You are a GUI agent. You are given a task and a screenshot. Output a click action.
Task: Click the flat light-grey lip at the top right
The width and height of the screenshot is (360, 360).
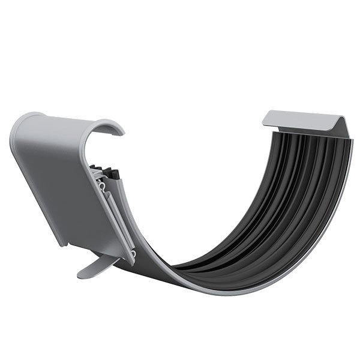point(303,120)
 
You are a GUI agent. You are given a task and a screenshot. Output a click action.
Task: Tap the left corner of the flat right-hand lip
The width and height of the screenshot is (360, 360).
point(265,123)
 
